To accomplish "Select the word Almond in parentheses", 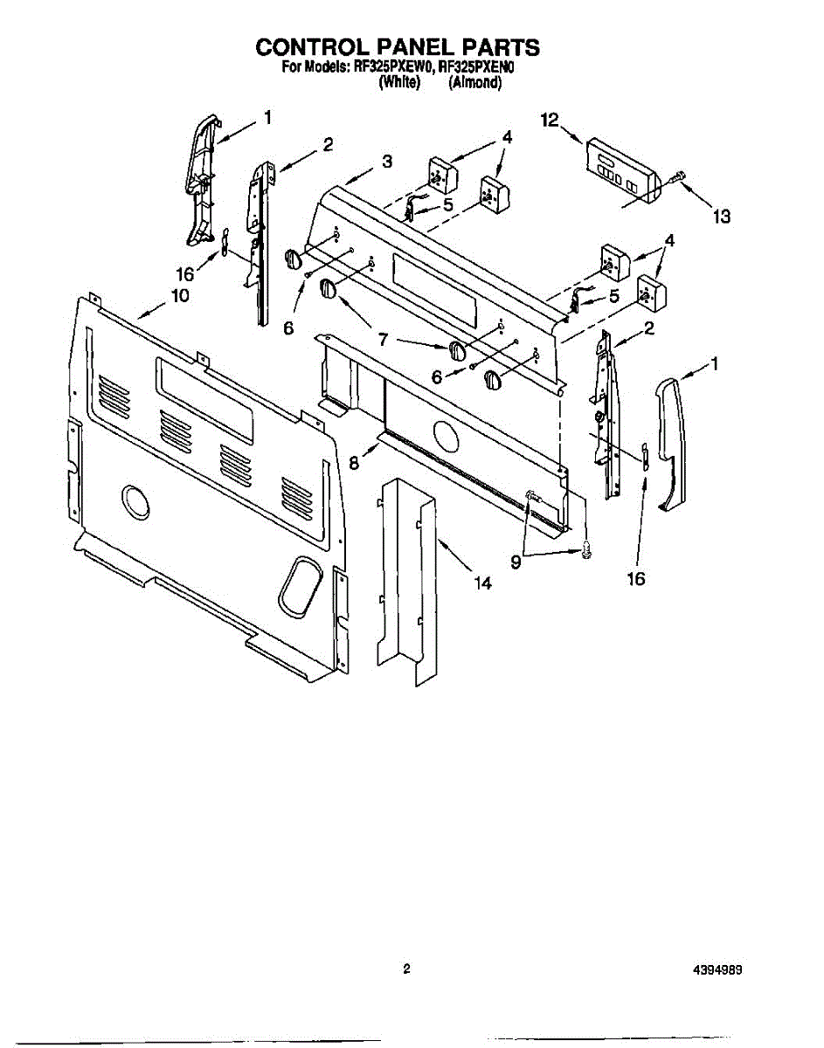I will pos(474,83).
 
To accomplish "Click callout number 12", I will pos(549,121).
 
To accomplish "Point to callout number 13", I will pos(720,217).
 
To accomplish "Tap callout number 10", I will pos(179,295).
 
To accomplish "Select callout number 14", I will pos(483,583).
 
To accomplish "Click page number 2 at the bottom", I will pos(406,969).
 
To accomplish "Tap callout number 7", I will pos(382,339).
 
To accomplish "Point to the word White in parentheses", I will pos(399,83).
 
